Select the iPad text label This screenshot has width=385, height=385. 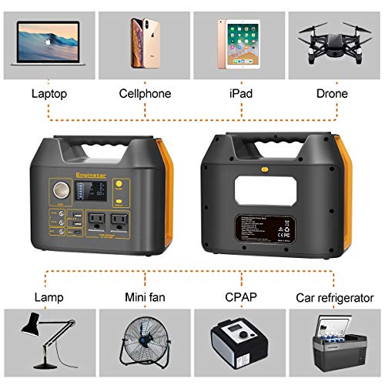[239, 94]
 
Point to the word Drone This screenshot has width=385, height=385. [333, 94]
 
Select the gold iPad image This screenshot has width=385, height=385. [239, 42]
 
